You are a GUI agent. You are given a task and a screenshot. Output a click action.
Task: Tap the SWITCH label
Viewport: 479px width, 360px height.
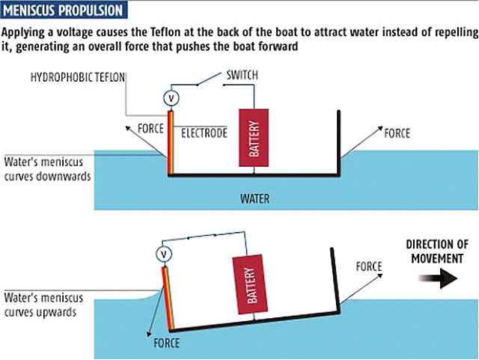pos(243,75)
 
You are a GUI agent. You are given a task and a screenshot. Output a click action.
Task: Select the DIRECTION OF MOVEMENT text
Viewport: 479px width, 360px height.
pos(437,251)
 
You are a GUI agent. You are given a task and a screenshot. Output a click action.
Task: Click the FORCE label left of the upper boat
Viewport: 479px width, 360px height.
pos(150,128)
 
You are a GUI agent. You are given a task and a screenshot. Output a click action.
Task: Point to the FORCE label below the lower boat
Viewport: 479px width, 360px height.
pos(166,344)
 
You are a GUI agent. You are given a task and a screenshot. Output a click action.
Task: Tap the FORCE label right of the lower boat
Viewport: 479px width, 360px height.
pos(369,266)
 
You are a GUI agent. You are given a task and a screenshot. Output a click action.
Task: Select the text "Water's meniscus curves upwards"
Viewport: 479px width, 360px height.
pos(41,305)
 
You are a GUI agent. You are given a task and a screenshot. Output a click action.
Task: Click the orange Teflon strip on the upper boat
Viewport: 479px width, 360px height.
pos(170,143)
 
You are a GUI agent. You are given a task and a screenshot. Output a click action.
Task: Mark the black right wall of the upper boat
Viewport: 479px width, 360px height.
pos(338,143)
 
